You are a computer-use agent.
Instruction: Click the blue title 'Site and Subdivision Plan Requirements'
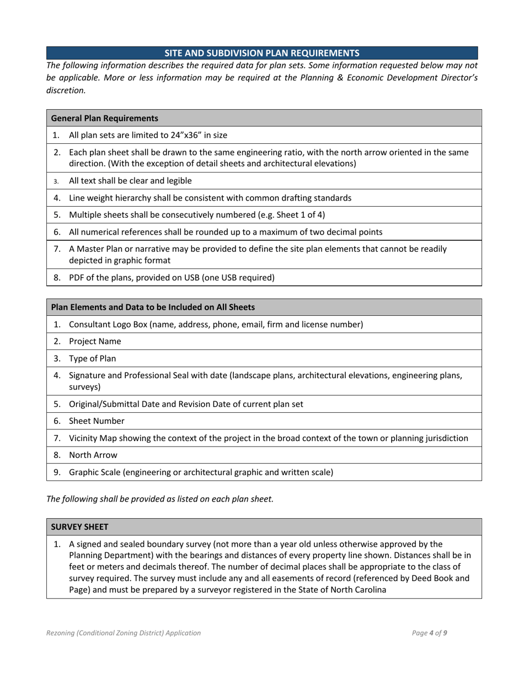[262, 53]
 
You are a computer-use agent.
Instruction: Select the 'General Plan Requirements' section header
[104, 118]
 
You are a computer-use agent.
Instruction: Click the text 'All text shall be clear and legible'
[130, 180]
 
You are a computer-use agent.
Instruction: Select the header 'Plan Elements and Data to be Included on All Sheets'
[153, 307]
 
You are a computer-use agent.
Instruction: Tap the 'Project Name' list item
[95, 341]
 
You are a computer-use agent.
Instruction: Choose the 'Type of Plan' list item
[92, 358]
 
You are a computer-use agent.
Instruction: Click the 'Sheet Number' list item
[97, 421]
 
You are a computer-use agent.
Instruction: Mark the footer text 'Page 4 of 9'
[429, 633]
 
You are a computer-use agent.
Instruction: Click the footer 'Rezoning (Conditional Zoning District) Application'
[124, 633]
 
